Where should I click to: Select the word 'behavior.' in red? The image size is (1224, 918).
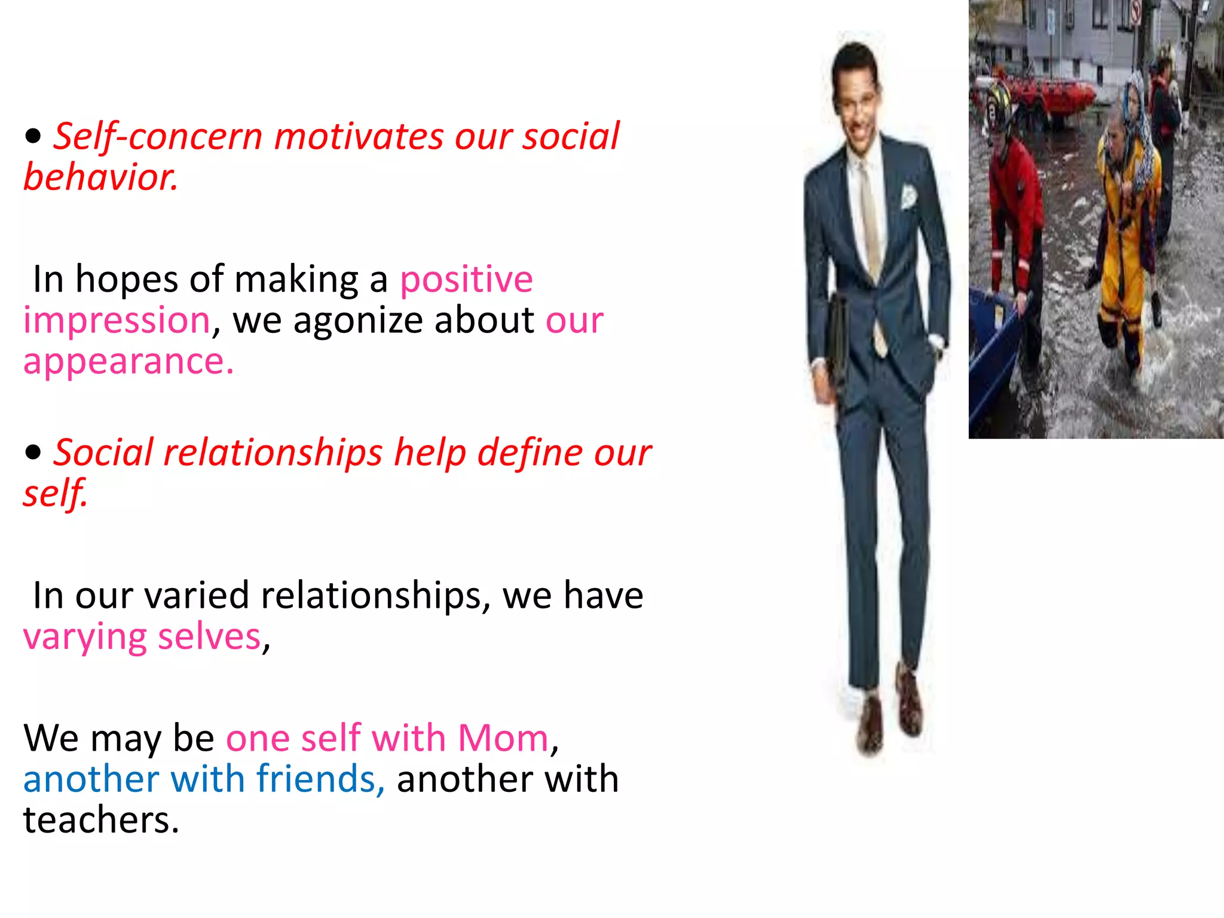pos(100,178)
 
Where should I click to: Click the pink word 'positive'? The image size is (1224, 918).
pos(466,280)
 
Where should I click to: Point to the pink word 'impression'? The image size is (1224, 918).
pos(117,320)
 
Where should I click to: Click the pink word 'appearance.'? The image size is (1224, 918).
pos(128,362)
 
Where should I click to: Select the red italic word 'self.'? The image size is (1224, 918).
pos(55,494)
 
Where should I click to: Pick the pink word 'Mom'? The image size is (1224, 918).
pos(503,738)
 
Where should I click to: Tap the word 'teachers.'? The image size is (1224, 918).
pos(101,820)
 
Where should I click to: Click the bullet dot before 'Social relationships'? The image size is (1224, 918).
pos(33,452)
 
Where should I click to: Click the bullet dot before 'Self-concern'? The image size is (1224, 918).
pos(33,136)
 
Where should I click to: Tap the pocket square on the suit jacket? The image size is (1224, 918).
pos(908,197)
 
